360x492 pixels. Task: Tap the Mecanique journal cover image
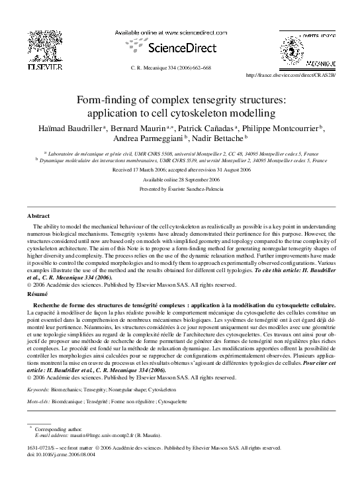click(x=312, y=46)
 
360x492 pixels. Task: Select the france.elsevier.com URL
click(x=291, y=75)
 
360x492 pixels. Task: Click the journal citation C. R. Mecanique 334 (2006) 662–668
click(x=181, y=68)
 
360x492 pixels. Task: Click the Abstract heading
click(x=38, y=217)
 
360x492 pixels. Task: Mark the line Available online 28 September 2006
click(x=180, y=179)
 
